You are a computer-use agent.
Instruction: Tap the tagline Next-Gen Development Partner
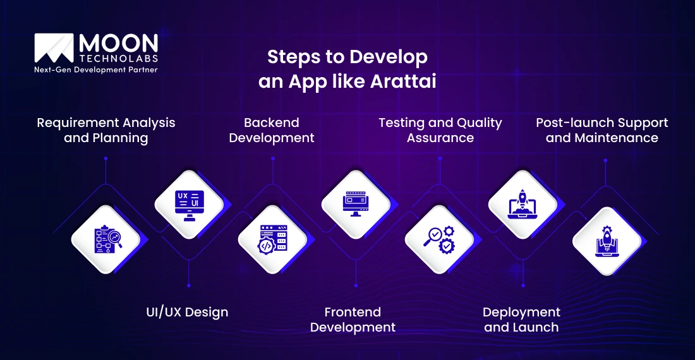pos(95,70)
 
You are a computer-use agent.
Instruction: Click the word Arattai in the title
pos(402,82)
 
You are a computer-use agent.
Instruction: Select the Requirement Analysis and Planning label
pos(106,130)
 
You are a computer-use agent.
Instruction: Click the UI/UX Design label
pos(183,312)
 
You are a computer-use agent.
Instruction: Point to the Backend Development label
pos(272,130)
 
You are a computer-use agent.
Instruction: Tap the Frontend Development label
pos(353,320)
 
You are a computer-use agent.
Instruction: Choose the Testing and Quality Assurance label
pos(440,130)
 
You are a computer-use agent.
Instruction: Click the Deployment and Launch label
pos(521,320)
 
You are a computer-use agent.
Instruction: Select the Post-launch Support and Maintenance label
pos(601,130)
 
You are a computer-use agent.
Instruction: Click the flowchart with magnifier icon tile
pos(106,239)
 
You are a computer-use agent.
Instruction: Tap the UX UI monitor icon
pos(189,204)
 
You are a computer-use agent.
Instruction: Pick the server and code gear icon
pos(272,239)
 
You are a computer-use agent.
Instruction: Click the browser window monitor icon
pos(356,204)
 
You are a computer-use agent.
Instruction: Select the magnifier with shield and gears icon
pos(439,239)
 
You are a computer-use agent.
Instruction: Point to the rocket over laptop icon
pos(523,204)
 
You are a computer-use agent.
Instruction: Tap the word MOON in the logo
pos(118,43)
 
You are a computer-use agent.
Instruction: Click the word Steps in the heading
pos(290,57)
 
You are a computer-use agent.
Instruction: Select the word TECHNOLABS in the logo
pos(118,58)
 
